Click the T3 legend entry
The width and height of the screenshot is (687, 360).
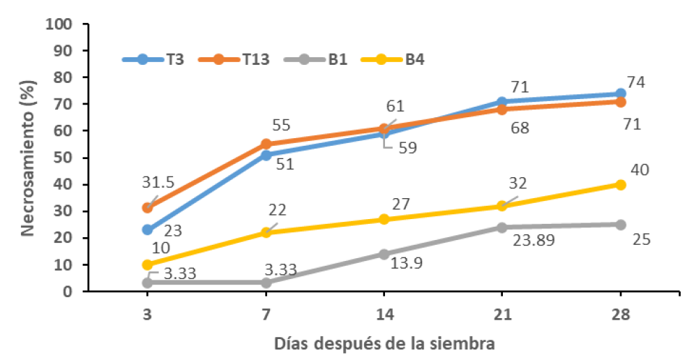pyautogui.click(x=153, y=59)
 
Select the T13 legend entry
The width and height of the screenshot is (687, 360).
pyautogui.click(x=234, y=59)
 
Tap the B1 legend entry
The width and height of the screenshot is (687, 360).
pyautogui.click(x=315, y=59)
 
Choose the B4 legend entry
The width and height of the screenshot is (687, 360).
pyautogui.click(x=393, y=59)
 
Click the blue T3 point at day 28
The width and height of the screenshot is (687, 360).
pyautogui.click(x=621, y=93)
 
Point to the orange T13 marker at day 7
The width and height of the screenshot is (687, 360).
pyautogui.click(x=266, y=144)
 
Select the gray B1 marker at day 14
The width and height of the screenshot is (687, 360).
pyautogui.click(x=384, y=255)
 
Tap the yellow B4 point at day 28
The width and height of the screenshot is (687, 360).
pyautogui.click(x=621, y=185)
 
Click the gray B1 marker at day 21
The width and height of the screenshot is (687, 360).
pyautogui.click(x=502, y=227)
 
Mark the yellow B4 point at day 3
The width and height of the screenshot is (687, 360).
pyautogui.click(x=148, y=265)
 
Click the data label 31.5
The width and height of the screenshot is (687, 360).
pyautogui.click(x=158, y=182)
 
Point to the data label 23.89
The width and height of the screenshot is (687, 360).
pyautogui.click(x=534, y=240)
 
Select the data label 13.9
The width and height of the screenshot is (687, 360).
pyautogui.click(x=406, y=263)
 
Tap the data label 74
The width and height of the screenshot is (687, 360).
pyautogui.click(x=636, y=82)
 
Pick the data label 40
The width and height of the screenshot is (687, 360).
pyautogui.click(x=640, y=170)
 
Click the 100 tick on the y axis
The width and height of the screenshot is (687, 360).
pyautogui.click(x=59, y=24)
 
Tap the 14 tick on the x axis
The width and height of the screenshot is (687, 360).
pyautogui.click(x=384, y=315)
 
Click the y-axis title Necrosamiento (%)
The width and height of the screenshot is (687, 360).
pyautogui.click(x=28, y=158)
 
